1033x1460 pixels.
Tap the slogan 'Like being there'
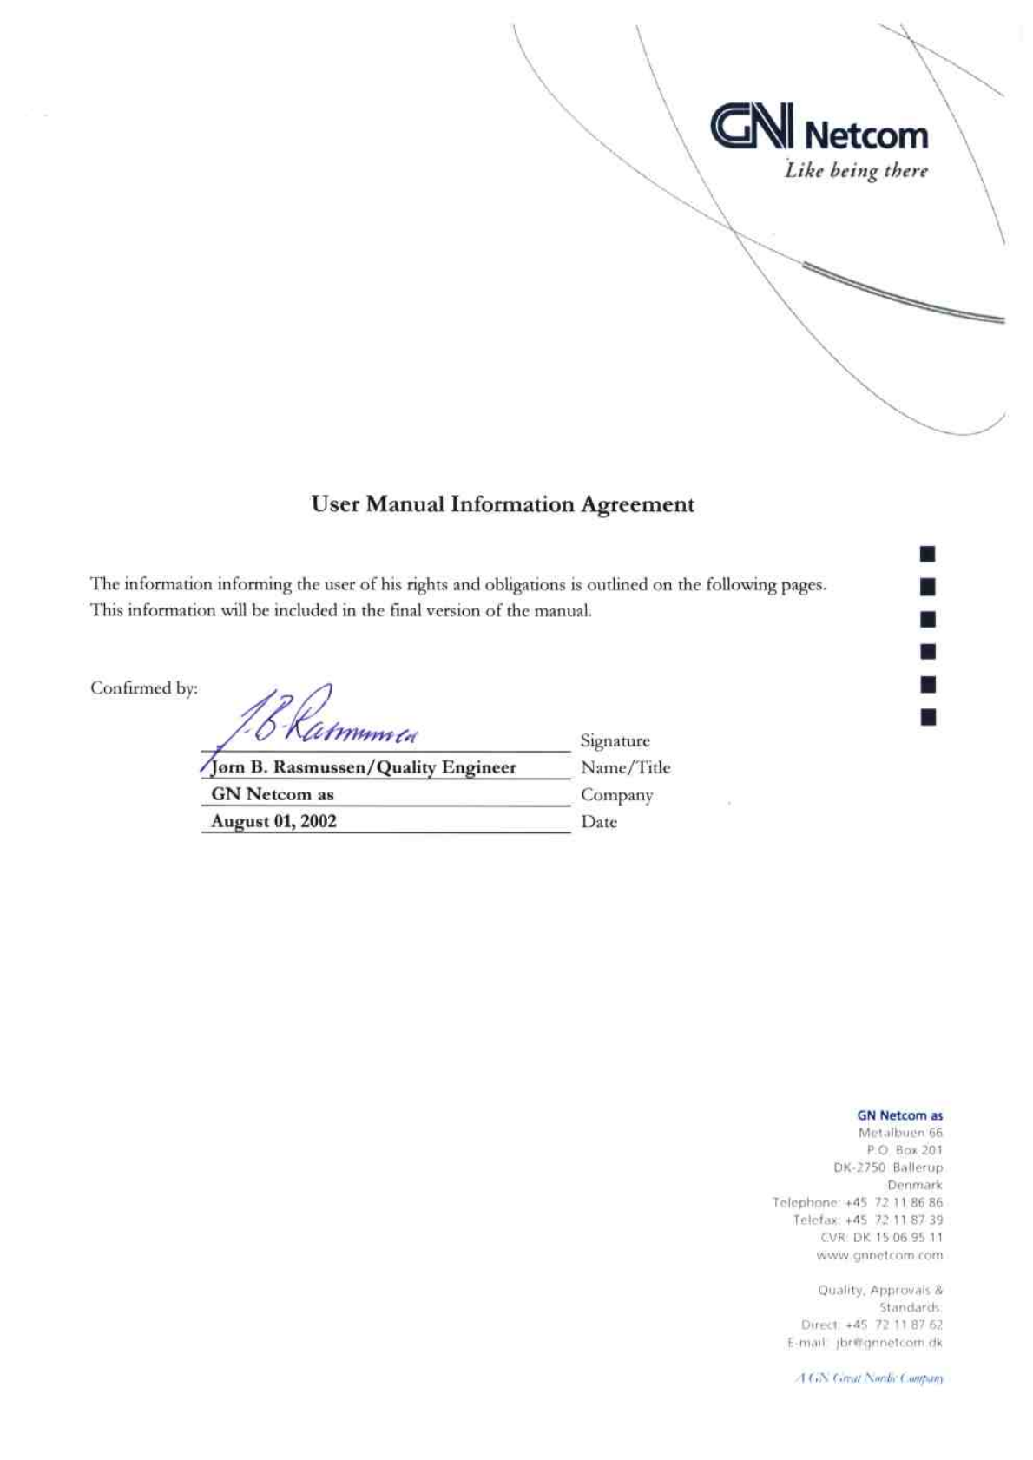tap(856, 171)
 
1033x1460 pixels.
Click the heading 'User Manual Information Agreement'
tap(503, 504)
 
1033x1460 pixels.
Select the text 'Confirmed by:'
tap(144, 688)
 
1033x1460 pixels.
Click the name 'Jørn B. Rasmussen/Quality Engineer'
tap(364, 767)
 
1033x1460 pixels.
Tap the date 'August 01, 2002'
tap(273, 821)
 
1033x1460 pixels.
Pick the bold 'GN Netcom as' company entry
tap(273, 794)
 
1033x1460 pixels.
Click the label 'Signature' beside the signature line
tap(615, 741)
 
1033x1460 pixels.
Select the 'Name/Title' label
tap(625, 767)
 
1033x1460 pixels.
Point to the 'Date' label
tap(599, 822)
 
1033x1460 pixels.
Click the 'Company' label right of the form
tap(616, 795)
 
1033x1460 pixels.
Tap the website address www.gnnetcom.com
tap(879, 1255)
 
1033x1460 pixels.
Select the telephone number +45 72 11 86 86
tap(893, 1203)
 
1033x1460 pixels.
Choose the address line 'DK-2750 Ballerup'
tap(887, 1167)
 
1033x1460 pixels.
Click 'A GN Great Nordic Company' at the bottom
tap(870, 1378)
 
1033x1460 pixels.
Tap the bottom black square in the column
tap(928, 717)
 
